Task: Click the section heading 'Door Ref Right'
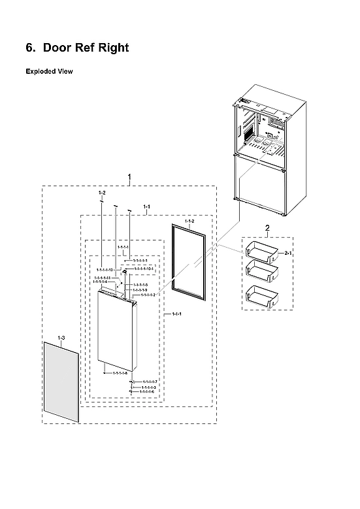[x=85, y=48]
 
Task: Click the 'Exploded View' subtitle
[x=49, y=71]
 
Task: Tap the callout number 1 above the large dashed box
[x=129, y=177]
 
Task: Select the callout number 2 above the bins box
[x=267, y=227]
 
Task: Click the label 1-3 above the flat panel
[x=61, y=337]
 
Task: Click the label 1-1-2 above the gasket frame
[x=189, y=222]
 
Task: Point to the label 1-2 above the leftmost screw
[x=102, y=193]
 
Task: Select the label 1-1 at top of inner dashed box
[x=146, y=206]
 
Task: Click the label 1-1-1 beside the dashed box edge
[x=176, y=315]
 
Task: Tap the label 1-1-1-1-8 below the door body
[x=120, y=373]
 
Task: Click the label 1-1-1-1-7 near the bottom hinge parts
[x=150, y=382]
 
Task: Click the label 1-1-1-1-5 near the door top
[x=140, y=285]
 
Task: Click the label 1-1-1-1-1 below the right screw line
[x=140, y=260]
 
